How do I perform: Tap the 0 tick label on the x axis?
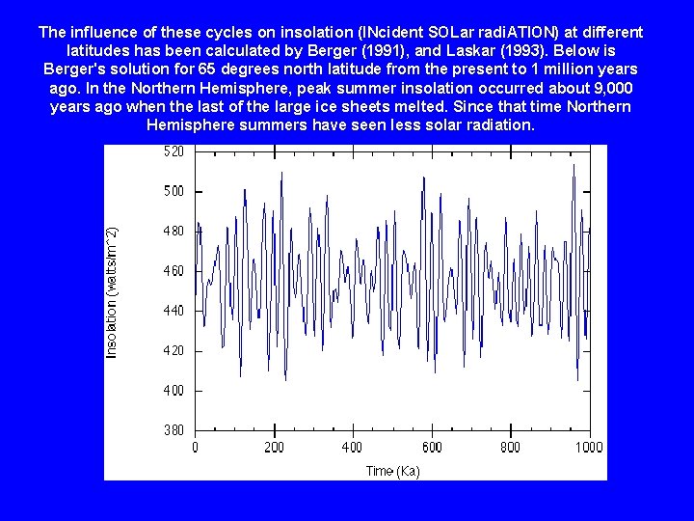196,448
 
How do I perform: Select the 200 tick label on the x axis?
274,448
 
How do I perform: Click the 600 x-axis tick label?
432,448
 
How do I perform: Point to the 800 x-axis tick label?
510,448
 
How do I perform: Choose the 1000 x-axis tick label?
589,448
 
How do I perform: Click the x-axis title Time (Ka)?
392,471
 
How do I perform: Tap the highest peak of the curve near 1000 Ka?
574,165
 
